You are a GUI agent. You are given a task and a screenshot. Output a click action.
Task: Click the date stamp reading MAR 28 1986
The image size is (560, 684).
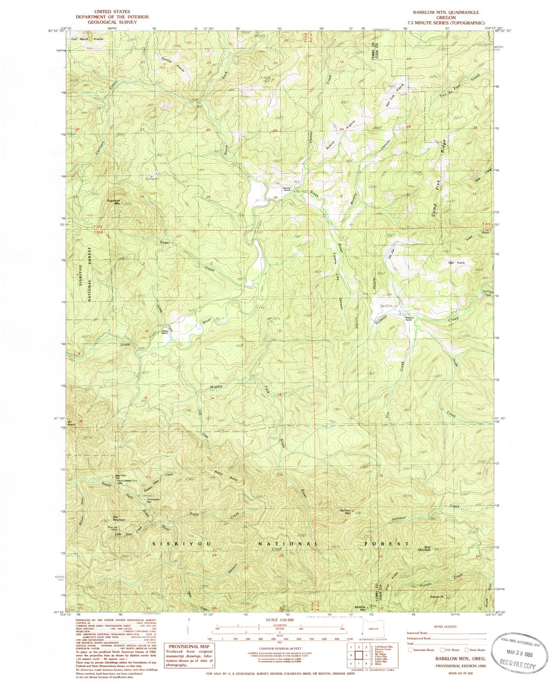pos(519,652)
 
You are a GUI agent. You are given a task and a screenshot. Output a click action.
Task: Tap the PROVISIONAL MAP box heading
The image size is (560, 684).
pos(188,646)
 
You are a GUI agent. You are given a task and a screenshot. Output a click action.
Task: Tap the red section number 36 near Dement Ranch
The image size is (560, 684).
pos(275,198)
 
